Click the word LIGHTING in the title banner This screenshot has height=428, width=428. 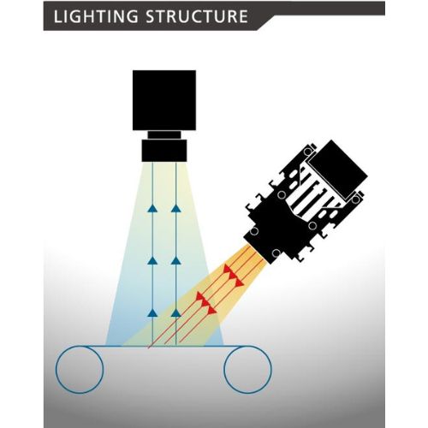95,16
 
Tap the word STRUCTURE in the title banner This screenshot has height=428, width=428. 197,16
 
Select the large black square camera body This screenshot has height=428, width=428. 164,100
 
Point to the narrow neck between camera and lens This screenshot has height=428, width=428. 164,134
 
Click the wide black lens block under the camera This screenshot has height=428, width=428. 164,151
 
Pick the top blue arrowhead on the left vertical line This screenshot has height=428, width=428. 152,209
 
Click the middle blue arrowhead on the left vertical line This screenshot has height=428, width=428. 152,260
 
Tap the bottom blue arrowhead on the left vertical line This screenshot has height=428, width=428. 152,313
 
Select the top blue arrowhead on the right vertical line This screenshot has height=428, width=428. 176,209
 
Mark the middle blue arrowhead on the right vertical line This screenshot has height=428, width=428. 176,260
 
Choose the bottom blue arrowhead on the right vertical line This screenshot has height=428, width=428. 176,313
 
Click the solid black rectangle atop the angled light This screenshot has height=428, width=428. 338,169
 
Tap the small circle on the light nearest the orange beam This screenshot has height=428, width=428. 276,253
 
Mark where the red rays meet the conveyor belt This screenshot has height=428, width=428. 149,347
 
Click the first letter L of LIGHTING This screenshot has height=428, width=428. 57,16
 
